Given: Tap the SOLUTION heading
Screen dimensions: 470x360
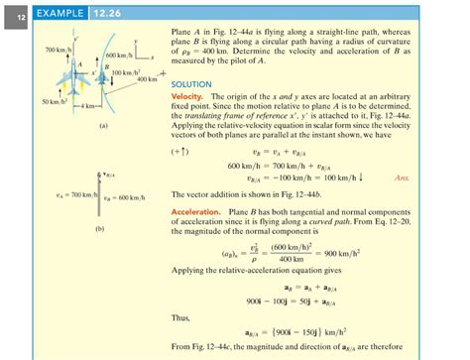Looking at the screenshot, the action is pyautogui.click(x=191, y=84).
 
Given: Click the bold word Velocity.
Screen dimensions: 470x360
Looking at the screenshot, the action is pyautogui.click(x=189, y=95).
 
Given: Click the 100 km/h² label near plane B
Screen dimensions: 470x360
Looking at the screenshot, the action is pyautogui.click(x=127, y=73).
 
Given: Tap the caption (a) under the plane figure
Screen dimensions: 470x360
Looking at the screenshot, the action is pyautogui.click(x=103, y=127).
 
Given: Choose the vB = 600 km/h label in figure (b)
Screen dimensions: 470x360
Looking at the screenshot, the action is pyautogui.click(x=127, y=199).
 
